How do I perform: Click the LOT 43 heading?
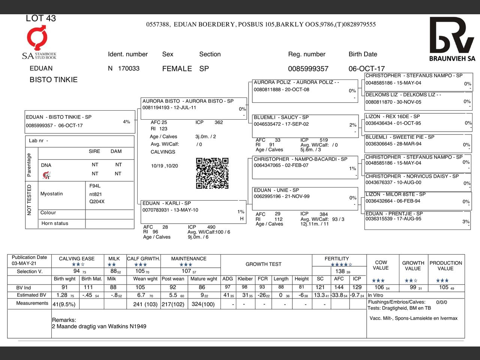(40, 18)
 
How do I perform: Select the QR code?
(212, 173)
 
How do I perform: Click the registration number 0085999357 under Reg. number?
(308, 69)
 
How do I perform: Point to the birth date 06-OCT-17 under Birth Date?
(366, 69)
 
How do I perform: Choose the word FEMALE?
(177, 69)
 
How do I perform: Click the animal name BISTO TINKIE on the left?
(54, 79)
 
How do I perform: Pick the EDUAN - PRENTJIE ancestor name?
(394, 213)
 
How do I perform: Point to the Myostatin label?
(52, 194)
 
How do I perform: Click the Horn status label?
(55, 223)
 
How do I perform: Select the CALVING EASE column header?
(76, 258)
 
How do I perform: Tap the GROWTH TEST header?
(263, 264)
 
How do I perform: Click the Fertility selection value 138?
(340, 271)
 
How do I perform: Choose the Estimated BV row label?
(31, 295)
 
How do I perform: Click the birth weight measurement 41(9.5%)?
(64, 304)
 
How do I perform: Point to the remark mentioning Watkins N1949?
(99, 326)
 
